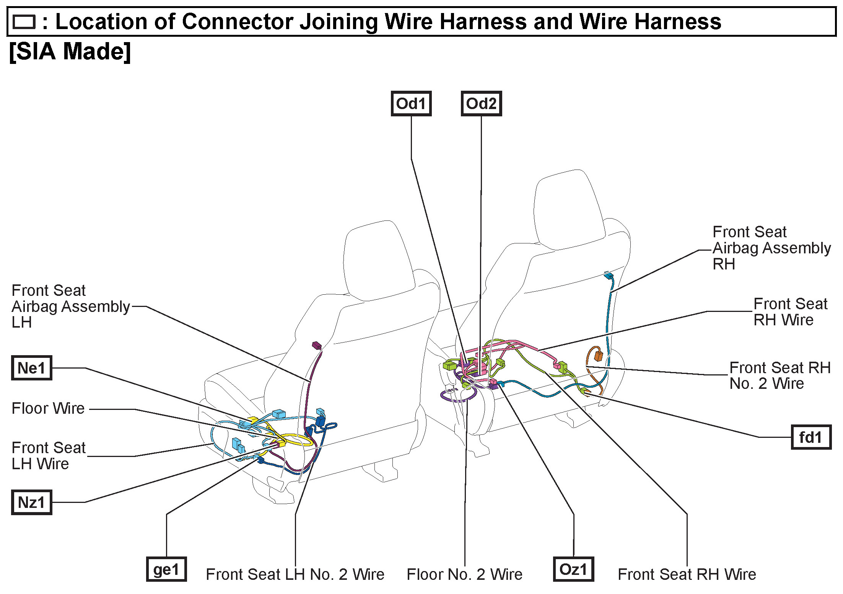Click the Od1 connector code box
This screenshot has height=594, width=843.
tap(411, 103)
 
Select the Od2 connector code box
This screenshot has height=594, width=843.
tap(481, 103)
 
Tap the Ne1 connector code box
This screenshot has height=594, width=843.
tap(31, 368)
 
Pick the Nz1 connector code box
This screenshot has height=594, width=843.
tap(31, 502)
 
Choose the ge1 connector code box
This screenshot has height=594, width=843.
tap(166, 569)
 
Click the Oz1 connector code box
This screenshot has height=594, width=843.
tap(573, 569)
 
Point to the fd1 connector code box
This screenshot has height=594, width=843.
tap(810, 437)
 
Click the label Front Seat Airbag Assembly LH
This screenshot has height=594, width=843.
tap(71, 306)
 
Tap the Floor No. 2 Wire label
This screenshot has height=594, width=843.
tap(464, 574)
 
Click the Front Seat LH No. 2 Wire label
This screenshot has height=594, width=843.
tap(295, 574)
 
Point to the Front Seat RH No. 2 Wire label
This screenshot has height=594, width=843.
tap(780, 375)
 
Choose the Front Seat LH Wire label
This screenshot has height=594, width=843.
tap(49, 455)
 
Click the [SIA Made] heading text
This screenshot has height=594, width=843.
tap(70, 52)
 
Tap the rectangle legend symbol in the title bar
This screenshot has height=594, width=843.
tap(24, 22)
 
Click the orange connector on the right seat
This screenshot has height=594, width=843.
tap(598, 356)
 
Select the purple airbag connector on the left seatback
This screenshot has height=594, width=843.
tap(316, 346)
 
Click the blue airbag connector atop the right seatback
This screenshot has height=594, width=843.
tap(608, 275)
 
